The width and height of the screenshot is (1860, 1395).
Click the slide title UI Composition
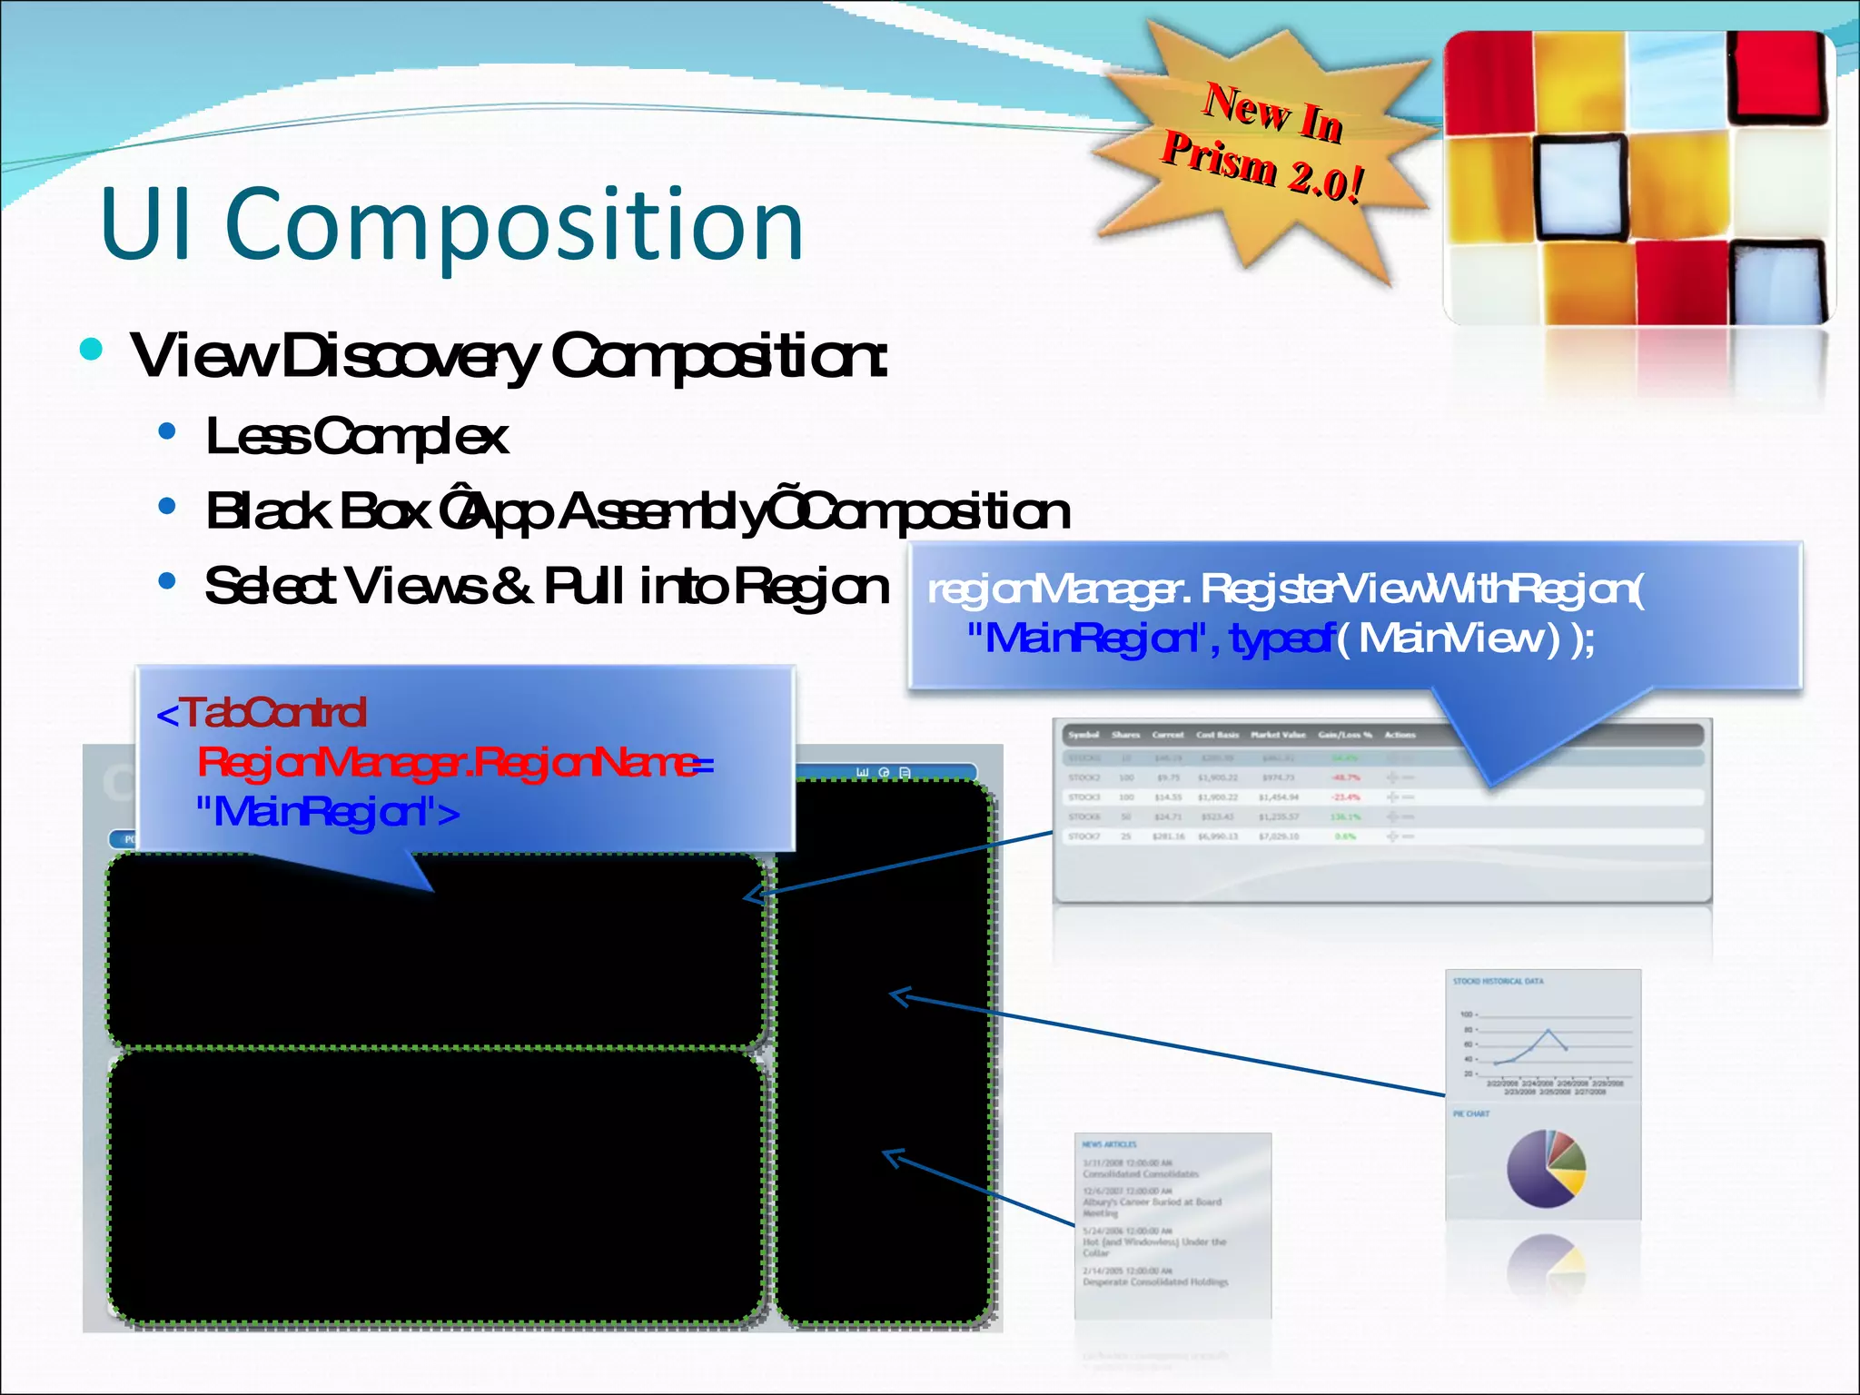point(451,224)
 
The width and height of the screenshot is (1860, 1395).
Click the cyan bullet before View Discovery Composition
point(91,350)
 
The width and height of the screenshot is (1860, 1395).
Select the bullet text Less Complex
point(356,437)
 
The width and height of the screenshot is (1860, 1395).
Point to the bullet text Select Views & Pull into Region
point(546,586)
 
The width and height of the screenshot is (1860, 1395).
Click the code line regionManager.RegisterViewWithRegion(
point(1284,590)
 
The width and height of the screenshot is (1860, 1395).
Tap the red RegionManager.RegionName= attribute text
point(454,762)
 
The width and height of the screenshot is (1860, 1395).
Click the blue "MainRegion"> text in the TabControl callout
point(327,811)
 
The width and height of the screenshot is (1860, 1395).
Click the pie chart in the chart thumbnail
point(1546,1168)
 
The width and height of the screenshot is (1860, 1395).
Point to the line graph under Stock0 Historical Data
point(1544,1044)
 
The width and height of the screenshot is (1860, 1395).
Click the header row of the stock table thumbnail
point(1380,735)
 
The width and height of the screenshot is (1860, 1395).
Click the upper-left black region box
point(436,963)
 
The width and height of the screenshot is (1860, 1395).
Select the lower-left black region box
point(436,1185)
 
